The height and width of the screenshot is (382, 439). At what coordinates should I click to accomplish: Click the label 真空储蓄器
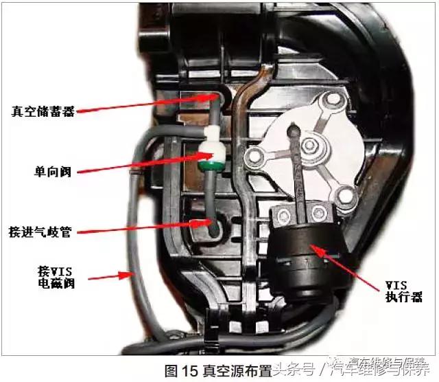point(43,110)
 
